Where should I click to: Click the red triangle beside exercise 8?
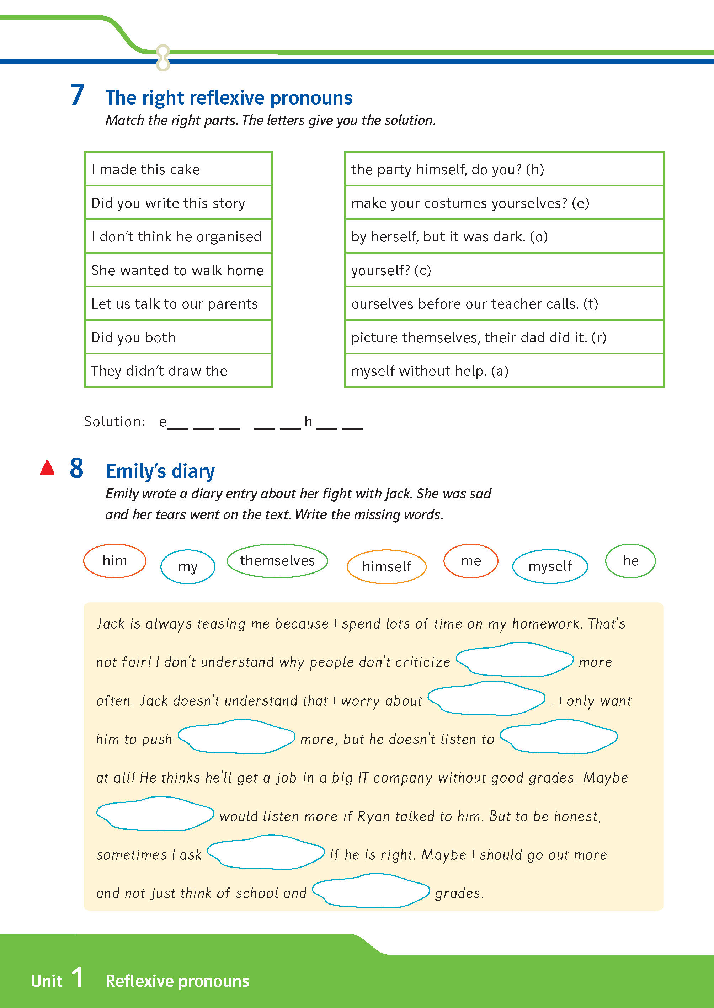tap(48, 468)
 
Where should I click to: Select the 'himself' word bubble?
tap(387, 566)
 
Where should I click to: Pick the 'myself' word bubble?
tap(550, 566)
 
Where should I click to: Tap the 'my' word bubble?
tap(188, 567)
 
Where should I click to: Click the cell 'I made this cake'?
tap(178, 169)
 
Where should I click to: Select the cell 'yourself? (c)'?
tap(504, 270)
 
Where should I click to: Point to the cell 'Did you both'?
tap(178, 337)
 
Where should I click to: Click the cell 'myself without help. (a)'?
tap(504, 371)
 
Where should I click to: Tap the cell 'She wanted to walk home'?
tap(178, 270)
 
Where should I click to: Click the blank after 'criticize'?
tap(515, 660)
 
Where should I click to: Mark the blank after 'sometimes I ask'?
tap(266, 853)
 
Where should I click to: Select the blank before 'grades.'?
tap(371, 891)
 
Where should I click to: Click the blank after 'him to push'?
tap(236, 737)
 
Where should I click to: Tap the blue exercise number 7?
tap(78, 95)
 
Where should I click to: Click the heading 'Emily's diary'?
tap(160, 471)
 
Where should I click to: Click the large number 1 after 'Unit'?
tap(78, 978)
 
